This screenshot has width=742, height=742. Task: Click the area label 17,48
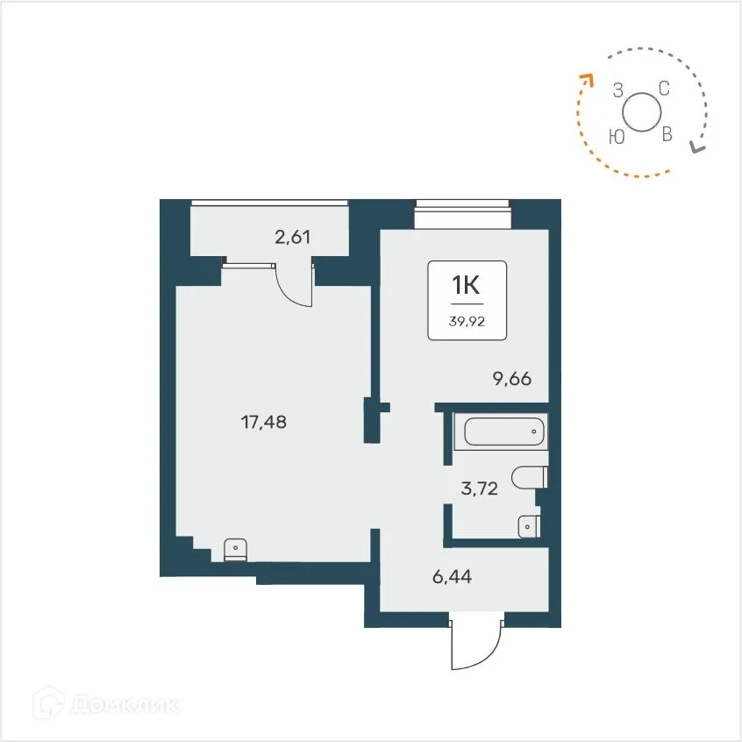coord(264,422)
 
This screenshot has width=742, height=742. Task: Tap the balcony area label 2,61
coord(293,236)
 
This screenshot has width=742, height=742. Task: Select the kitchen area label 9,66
coord(511,379)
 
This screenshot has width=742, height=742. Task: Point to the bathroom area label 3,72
coord(479,489)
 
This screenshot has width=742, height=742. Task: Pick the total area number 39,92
coord(467,321)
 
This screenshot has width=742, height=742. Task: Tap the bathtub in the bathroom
coord(503,432)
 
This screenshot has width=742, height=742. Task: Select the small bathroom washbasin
coord(529,525)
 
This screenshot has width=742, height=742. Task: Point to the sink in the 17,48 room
coord(235,549)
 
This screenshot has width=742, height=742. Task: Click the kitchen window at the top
coord(462,208)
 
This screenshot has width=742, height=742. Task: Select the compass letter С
coord(664,88)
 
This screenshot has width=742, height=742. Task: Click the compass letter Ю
coord(617,136)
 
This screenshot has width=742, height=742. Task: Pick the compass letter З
coord(617,89)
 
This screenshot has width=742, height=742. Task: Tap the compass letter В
coord(667,134)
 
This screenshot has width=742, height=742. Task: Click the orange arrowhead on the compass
coord(585,81)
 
